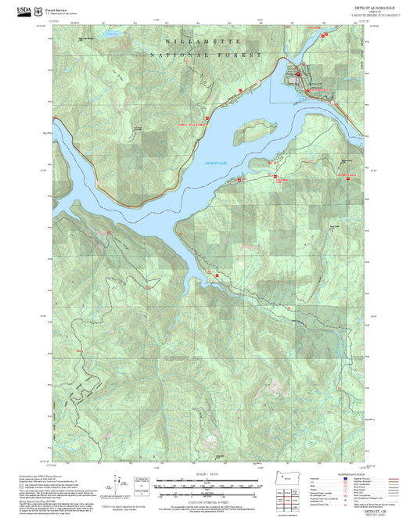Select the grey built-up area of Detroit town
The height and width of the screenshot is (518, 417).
tap(307, 76)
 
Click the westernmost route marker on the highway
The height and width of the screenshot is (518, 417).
tap(97, 182)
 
